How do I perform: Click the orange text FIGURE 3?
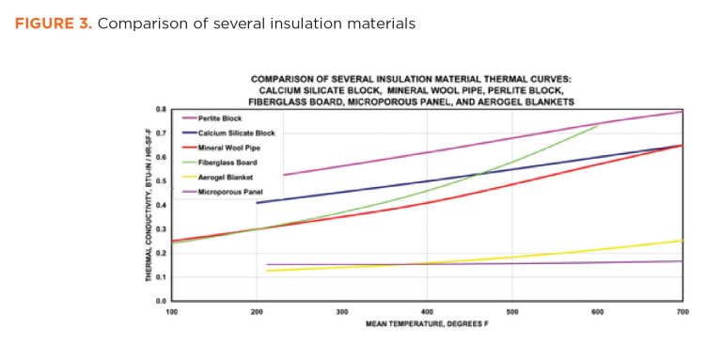(x=52, y=23)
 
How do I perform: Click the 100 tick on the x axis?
(x=171, y=310)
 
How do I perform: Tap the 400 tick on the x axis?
(x=427, y=310)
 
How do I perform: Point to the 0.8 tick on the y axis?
(x=162, y=110)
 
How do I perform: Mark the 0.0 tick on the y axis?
(x=162, y=301)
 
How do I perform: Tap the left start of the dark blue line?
(x=258, y=202)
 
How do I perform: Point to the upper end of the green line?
(x=598, y=125)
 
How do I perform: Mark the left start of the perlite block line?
(x=283, y=175)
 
